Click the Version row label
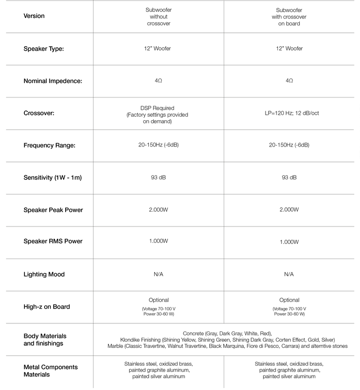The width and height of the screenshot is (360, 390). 34,16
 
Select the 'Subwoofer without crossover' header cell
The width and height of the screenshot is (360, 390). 159,16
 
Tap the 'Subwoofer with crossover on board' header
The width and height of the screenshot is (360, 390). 289,16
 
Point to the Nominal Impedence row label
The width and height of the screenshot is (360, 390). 52,80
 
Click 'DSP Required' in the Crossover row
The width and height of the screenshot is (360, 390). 159,107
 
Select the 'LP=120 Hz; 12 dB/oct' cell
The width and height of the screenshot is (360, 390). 289,113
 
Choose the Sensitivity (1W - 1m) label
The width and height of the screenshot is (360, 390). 52,177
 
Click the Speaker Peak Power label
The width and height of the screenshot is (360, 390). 53,210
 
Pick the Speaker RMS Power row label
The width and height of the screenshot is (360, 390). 53,241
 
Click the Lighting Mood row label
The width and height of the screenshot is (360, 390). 44,274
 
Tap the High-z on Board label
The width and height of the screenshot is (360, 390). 47,307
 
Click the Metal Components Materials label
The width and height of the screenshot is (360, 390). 51,371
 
